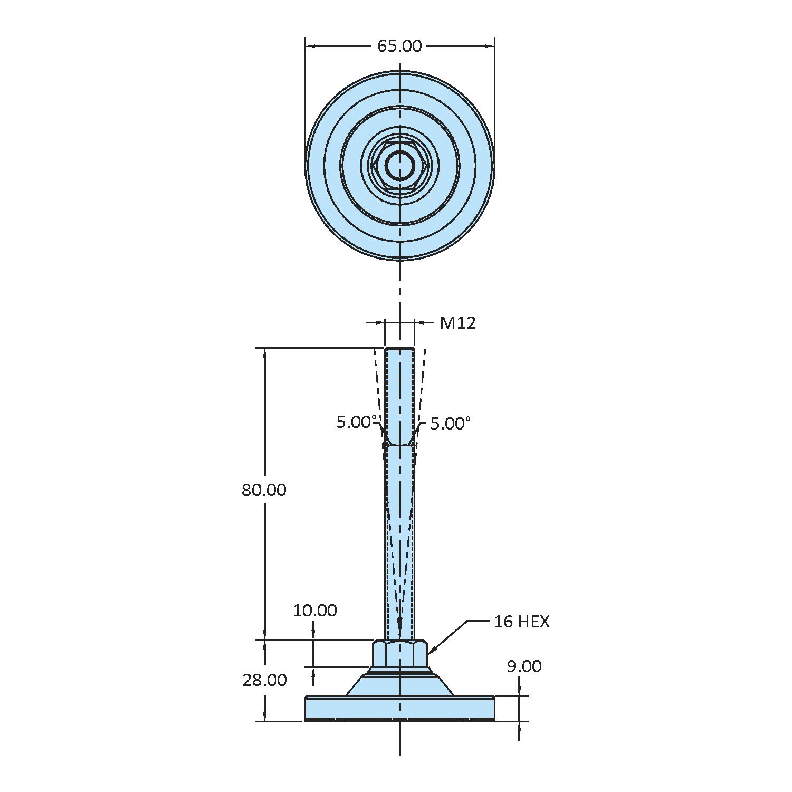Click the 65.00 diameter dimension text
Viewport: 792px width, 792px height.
[x=399, y=46]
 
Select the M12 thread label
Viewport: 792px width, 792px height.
[x=457, y=323]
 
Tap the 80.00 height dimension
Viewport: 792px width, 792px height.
[x=264, y=490]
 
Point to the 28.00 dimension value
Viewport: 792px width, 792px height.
[x=264, y=680]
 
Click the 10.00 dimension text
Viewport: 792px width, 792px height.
[x=314, y=610]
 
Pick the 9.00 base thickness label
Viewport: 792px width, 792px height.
[x=524, y=666]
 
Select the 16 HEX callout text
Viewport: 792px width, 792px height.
[x=521, y=622]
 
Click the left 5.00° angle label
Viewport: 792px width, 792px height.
[x=357, y=422]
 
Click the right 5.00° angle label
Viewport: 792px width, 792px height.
[x=450, y=423]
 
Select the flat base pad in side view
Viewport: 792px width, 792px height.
[x=399, y=708]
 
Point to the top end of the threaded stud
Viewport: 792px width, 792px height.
[x=399, y=349]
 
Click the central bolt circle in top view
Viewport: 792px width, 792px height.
[x=399, y=165]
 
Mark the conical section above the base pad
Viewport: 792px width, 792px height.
[x=399, y=685]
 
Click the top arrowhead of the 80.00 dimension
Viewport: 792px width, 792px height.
[x=265, y=352]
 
